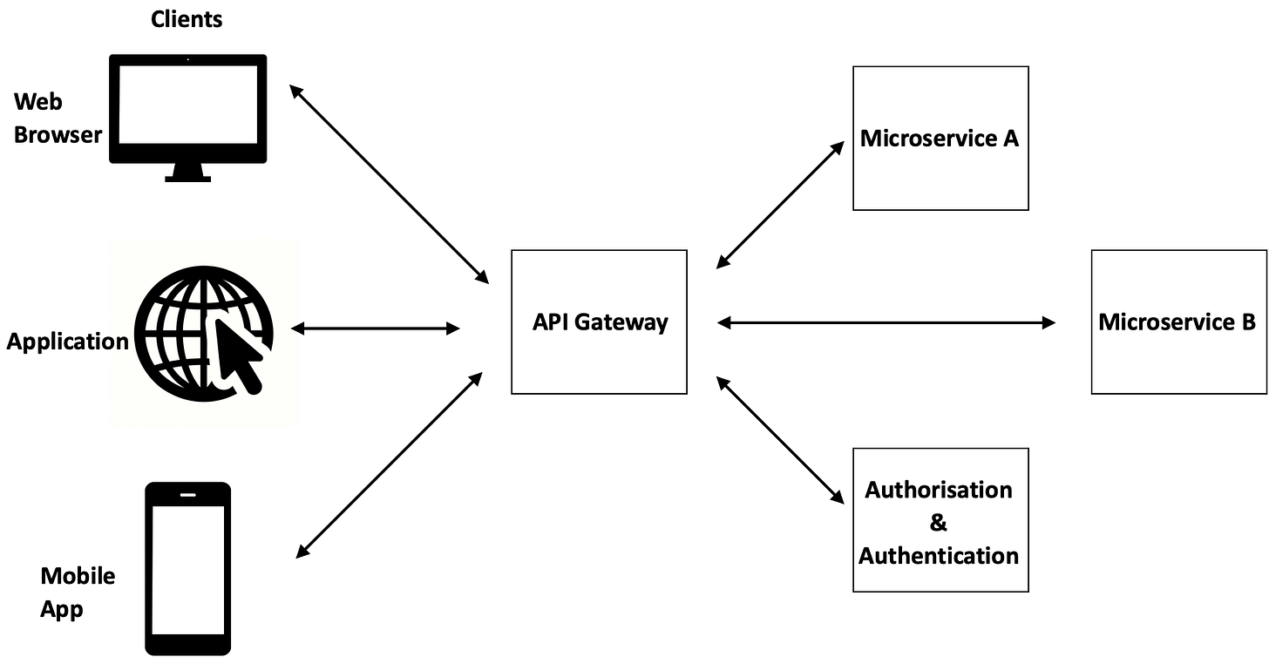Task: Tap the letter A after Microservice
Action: [x=1010, y=139]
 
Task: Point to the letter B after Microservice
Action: [x=1248, y=322]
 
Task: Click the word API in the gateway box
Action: [x=550, y=322]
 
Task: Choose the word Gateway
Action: [x=621, y=323]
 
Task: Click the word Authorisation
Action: [x=939, y=490]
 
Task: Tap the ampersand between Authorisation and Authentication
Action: [x=939, y=523]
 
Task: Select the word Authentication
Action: [x=939, y=556]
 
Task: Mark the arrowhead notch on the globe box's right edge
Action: [x=297, y=331]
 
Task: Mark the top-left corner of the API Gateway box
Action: [x=512, y=252]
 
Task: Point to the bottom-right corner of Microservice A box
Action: [x=1028, y=209]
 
